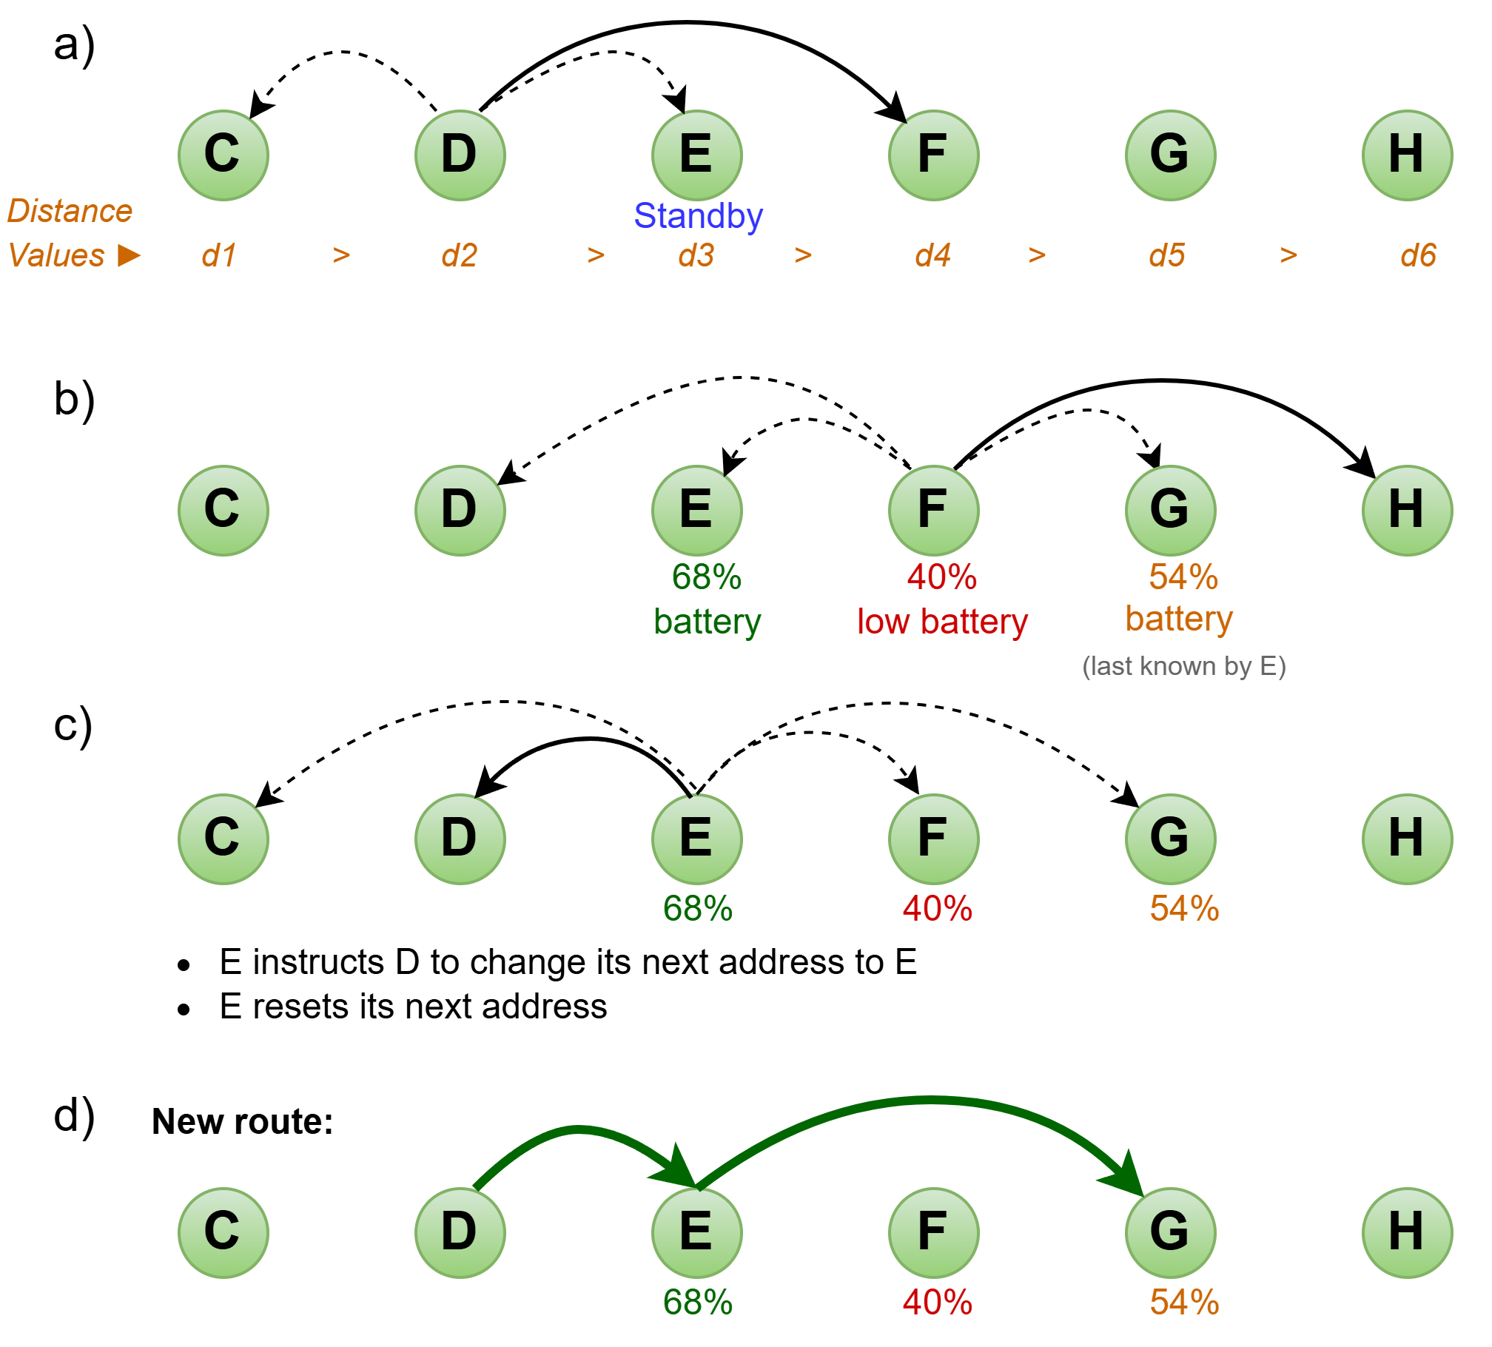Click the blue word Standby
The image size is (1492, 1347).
point(698,216)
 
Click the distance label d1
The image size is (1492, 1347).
point(219,255)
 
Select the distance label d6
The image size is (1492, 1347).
point(1418,255)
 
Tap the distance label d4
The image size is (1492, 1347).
point(932,255)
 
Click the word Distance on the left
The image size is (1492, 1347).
point(70,211)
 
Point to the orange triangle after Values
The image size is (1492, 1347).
point(129,255)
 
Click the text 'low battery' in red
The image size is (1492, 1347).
point(942,622)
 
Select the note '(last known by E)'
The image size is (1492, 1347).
point(1183,666)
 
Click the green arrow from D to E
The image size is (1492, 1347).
point(577,1129)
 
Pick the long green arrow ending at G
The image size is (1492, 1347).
point(925,1101)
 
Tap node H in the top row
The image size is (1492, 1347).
point(1407,155)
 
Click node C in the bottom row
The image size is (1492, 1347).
point(224,1232)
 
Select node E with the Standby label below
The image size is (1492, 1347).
point(696,155)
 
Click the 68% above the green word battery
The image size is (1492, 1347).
point(706,577)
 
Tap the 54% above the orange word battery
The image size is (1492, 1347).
point(1183,577)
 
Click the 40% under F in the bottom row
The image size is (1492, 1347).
point(937,1302)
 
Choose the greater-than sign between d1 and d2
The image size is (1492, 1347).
point(341,255)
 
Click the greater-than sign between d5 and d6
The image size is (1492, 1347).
point(1288,255)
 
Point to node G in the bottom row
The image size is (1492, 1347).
point(1170,1232)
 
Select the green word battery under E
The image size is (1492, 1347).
point(707,622)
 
